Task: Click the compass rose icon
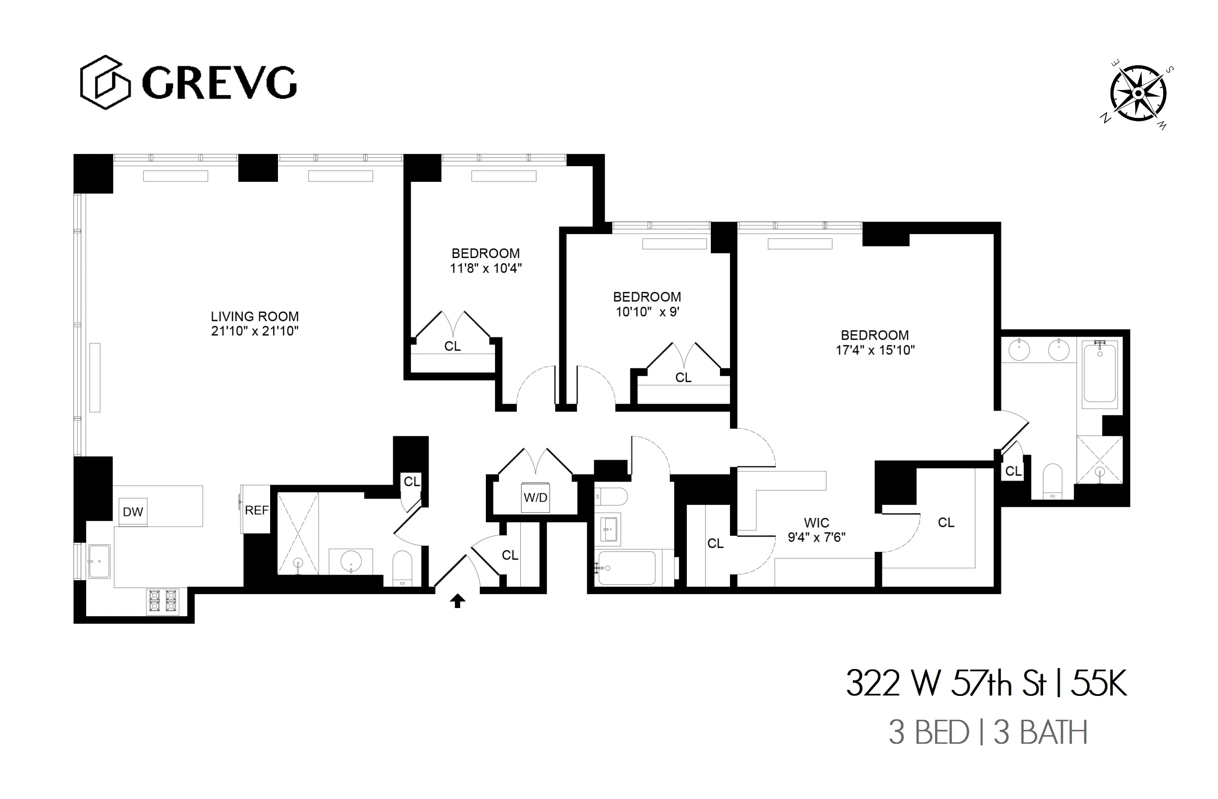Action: pyautogui.click(x=1138, y=94)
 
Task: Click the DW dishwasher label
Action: pyautogui.click(x=133, y=512)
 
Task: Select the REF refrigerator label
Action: pyautogui.click(x=256, y=510)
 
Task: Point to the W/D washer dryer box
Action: pyautogui.click(x=535, y=497)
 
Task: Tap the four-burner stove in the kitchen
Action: pyautogui.click(x=163, y=601)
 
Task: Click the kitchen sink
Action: pyautogui.click(x=99, y=562)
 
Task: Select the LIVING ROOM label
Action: pyautogui.click(x=255, y=316)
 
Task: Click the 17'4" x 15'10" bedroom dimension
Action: pyautogui.click(x=875, y=350)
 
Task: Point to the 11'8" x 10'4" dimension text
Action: pyautogui.click(x=485, y=268)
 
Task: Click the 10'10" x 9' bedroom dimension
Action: pyautogui.click(x=647, y=312)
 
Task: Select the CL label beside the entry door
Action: pyautogui.click(x=510, y=555)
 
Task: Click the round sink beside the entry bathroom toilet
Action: pyautogui.click(x=351, y=561)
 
